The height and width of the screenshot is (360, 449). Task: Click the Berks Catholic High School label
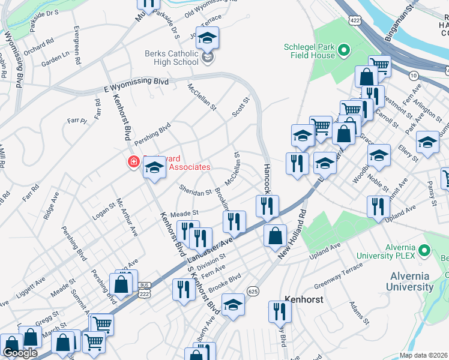pyautogui.click(x=171, y=58)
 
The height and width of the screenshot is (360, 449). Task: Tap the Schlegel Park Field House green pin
pyautogui.click(x=345, y=50)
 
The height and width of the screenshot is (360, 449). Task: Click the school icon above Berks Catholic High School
pyautogui.click(x=207, y=38)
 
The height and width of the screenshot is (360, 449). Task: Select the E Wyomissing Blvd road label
pyautogui.click(x=136, y=85)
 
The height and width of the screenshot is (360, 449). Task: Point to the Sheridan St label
pyautogui.click(x=195, y=191)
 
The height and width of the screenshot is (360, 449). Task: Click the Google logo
pyautogui.click(x=20, y=353)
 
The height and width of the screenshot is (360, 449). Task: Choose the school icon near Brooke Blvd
pyautogui.click(x=233, y=305)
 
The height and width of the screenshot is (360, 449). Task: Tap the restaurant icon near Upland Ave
pyautogui.click(x=378, y=205)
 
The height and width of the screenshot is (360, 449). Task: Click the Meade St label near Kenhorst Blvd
pyautogui.click(x=184, y=213)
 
